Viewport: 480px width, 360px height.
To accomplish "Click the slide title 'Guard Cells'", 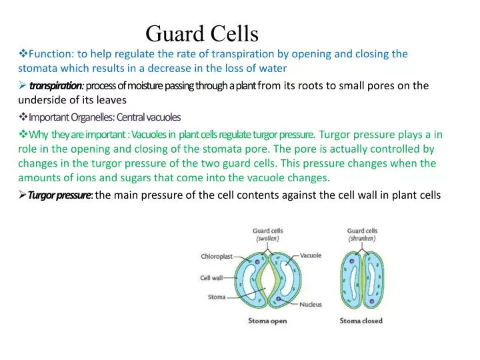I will (202, 32).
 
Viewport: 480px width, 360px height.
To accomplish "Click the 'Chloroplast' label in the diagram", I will (217, 256).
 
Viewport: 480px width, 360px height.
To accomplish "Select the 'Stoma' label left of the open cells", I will (217, 297).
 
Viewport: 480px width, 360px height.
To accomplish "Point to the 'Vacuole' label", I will (311, 255).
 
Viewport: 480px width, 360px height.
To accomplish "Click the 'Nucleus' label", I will (310, 305).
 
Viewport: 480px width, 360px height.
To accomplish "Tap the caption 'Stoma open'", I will (269, 321).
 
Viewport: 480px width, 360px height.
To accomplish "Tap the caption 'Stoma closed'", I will (361, 321).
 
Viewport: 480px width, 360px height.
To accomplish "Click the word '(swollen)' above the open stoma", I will (267, 238).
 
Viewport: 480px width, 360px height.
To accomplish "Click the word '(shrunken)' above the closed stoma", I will (362, 238).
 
